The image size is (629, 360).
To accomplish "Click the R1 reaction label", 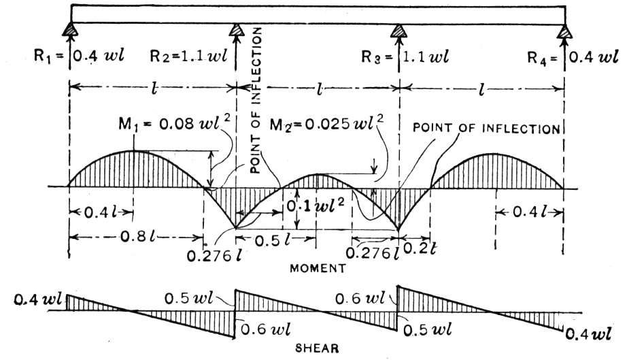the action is click(79, 56).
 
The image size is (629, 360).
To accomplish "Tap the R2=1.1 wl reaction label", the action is click(188, 56).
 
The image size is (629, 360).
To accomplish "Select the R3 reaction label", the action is click(405, 56).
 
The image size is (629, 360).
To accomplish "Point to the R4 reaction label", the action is click(573, 58).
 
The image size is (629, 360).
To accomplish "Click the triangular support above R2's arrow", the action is click(237, 30).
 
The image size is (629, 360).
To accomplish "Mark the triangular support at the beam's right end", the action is click(564, 31).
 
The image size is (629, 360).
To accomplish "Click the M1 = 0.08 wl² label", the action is click(175, 123).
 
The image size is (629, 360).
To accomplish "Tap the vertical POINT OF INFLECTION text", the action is click(256, 100).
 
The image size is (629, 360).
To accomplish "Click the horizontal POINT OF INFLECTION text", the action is click(486, 129).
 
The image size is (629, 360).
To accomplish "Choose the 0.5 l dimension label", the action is click(273, 241).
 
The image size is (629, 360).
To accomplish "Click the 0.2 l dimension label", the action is click(419, 249).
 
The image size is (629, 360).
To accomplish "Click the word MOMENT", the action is click(318, 268).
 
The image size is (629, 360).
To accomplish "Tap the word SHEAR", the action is click(317, 348).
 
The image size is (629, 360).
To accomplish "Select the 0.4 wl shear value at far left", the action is click(37, 299).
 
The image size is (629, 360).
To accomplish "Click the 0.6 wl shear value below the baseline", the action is click(265, 329).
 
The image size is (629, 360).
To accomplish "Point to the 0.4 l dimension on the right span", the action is click(530, 212).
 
